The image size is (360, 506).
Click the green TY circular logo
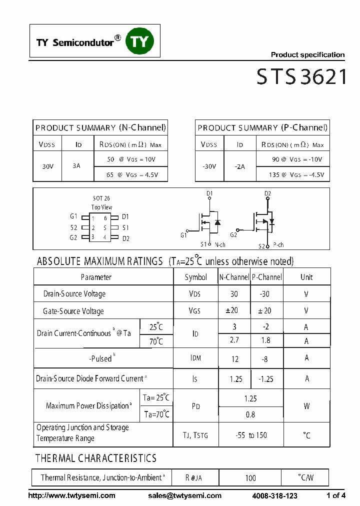140,41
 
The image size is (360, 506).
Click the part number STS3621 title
301,77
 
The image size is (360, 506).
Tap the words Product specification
307,55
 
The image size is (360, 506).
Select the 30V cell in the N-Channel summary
47,166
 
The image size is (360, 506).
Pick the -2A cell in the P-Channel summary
239,166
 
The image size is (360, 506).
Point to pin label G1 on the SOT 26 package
73,216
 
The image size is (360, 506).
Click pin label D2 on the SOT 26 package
125,238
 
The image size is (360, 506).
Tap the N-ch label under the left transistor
220,245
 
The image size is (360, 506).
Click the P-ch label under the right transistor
278,245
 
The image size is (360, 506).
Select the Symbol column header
195,277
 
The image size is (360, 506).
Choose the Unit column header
306,277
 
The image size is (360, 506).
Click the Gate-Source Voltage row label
73,311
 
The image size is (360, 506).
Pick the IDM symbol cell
195,358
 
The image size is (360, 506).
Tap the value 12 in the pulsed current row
234,358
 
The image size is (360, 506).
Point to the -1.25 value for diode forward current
266,379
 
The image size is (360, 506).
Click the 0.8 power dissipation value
250,414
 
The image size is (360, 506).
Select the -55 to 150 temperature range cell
250,435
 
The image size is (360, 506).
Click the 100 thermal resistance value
250,478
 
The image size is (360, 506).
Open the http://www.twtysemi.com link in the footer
72,495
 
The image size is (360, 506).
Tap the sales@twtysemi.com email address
184,495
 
